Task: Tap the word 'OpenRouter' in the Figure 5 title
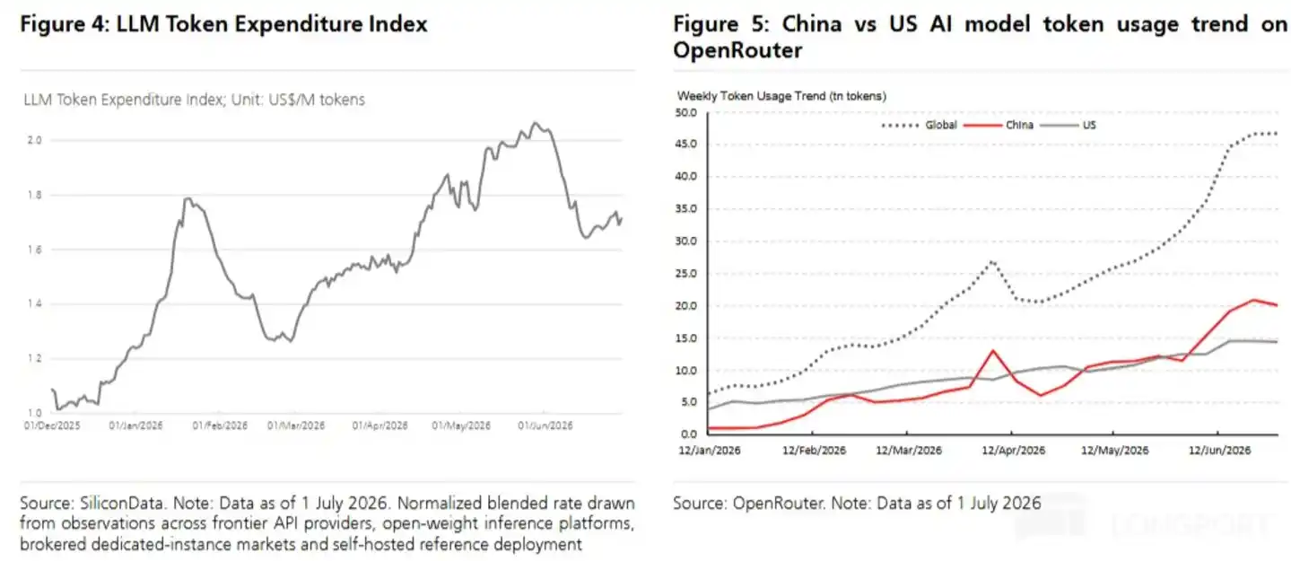point(737,50)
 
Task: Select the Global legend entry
point(920,125)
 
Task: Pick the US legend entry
point(1069,125)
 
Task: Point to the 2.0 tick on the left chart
point(35,140)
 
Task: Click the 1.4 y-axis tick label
point(35,304)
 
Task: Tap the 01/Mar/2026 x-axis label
point(296,425)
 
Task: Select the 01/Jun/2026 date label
point(545,425)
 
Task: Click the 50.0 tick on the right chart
point(685,112)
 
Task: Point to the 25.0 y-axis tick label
point(685,273)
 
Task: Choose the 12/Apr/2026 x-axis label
point(1013,451)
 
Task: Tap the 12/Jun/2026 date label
point(1219,451)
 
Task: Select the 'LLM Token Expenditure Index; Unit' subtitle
point(124,100)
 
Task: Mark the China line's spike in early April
point(993,351)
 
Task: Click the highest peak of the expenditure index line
point(535,122)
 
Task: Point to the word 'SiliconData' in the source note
point(122,504)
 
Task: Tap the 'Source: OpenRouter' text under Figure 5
point(748,504)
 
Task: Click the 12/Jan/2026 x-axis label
point(710,451)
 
